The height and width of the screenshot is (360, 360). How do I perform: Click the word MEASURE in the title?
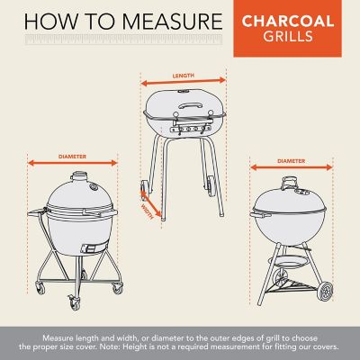coord(167,20)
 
